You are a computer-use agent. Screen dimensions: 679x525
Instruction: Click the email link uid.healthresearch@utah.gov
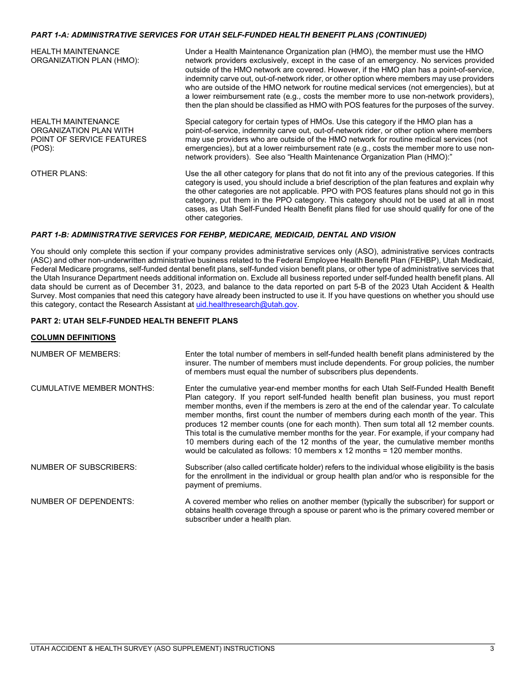point(246,304)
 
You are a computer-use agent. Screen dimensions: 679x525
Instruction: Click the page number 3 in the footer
point(492,649)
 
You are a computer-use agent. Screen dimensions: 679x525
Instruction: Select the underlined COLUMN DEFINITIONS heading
point(73,337)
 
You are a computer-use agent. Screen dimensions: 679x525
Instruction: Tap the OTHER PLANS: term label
point(59,173)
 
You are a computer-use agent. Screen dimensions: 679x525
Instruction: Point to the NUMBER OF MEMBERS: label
point(76,354)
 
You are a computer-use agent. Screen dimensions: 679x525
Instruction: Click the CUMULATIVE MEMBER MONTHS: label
point(92,388)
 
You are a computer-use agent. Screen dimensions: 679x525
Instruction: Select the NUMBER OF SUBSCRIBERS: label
point(83,467)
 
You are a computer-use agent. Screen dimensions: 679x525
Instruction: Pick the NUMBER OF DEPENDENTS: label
point(82,501)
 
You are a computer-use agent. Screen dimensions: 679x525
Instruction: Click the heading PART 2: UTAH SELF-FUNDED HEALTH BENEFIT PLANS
point(134,321)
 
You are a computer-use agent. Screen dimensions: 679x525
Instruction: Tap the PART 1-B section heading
point(213,235)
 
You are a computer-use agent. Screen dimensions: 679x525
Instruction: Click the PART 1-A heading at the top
point(228,35)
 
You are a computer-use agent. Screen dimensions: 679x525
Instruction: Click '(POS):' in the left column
point(43,148)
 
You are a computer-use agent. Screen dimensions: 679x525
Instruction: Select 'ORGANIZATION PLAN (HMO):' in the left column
point(85,61)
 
